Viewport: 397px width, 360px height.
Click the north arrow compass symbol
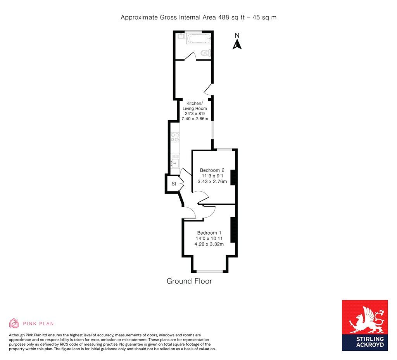pyautogui.click(x=237, y=42)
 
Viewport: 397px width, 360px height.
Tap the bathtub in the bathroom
pyautogui.click(x=198, y=38)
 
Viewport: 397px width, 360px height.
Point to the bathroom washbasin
pyautogui.click(x=181, y=36)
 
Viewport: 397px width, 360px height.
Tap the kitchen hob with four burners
pyautogui.click(x=175, y=137)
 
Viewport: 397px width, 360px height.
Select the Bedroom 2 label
pyautogui.click(x=212, y=170)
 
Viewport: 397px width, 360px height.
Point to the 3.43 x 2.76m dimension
pyautogui.click(x=212, y=181)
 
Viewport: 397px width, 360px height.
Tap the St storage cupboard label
pyautogui.click(x=174, y=184)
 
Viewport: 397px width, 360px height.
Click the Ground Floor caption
pyautogui.click(x=189, y=281)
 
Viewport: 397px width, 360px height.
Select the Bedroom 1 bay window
pyautogui.click(x=209, y=271)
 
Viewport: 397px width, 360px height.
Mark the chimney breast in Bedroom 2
pyautogui.click(x=233, y=178)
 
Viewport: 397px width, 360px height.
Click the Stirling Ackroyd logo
pyautogui.click(x=364, y=325)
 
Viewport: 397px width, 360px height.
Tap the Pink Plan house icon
pyautogui.click(x=14, y=323)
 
